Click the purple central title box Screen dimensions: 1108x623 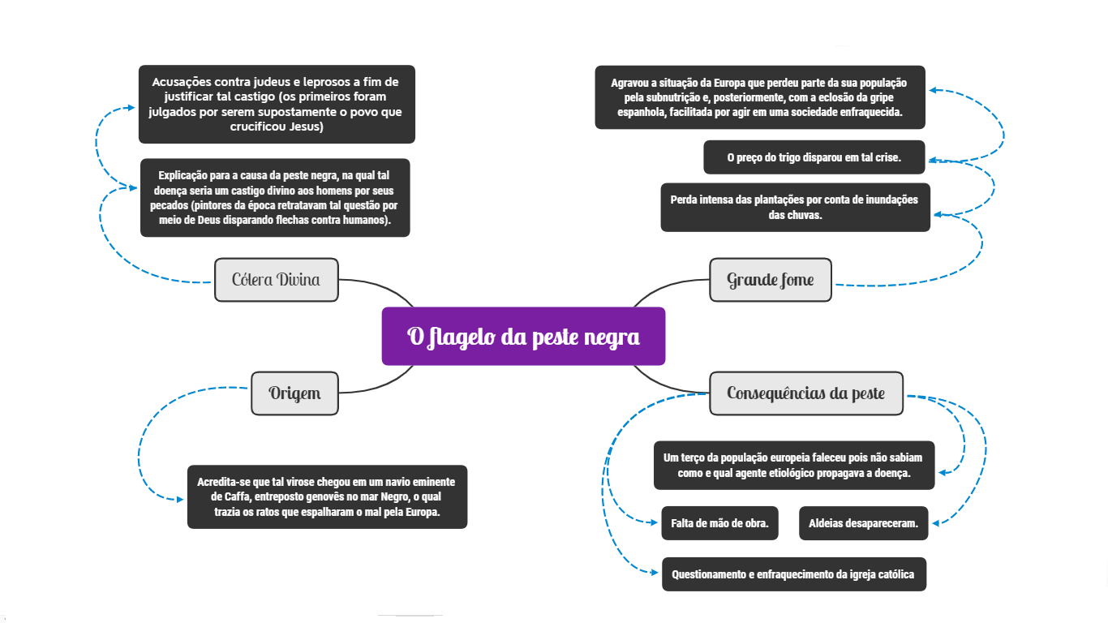(x=523, y=336)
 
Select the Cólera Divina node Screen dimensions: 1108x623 (x=276, y=280)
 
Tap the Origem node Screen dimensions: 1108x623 (x=294, y=393)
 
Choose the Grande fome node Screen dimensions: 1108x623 (x=770, y=280)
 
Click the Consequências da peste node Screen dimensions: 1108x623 (x=805, y=393)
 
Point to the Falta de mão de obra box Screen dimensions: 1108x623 (x=719, y=523)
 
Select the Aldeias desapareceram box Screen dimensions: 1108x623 (x=863, y=523)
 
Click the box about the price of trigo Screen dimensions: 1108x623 (x=814, y=157)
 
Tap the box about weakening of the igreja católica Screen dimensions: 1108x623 (x=793, y=574)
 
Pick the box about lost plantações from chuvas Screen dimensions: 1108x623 (x=795, y=207)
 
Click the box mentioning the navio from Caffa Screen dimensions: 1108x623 (x=327, y=497)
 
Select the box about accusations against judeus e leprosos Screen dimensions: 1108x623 (x=277, y=105)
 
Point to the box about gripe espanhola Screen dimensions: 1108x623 (x=760, y=97)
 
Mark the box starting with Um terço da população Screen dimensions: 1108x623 (x=794, y=465)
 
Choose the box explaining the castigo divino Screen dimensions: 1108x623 (x=275, y=197)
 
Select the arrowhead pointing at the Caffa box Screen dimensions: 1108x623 (x=180, y=499)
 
